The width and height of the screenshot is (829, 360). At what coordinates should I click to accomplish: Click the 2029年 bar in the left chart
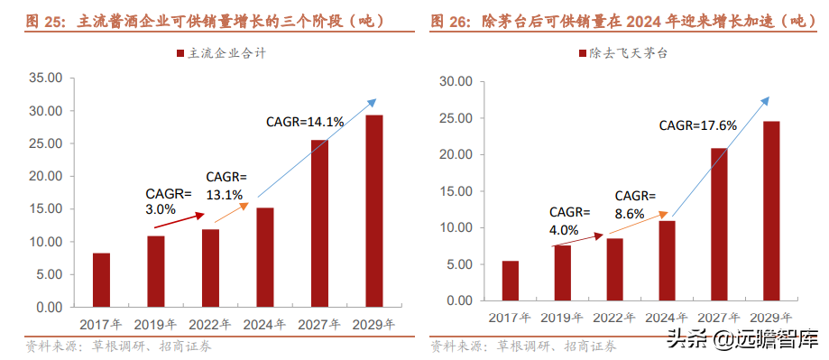[373, 211]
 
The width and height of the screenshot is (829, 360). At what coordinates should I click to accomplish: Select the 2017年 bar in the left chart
[101, 280]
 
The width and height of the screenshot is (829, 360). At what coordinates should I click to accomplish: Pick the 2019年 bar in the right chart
[562, 272]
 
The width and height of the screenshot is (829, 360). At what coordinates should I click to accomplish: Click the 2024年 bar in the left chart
[265, 257]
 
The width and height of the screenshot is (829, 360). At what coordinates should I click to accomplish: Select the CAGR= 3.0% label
[169, 199]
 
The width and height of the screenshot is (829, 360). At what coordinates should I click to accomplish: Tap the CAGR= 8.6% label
[636, 205]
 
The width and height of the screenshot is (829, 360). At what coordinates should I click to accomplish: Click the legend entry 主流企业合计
[221, 54]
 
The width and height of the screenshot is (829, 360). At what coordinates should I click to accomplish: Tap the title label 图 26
[449, 20]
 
